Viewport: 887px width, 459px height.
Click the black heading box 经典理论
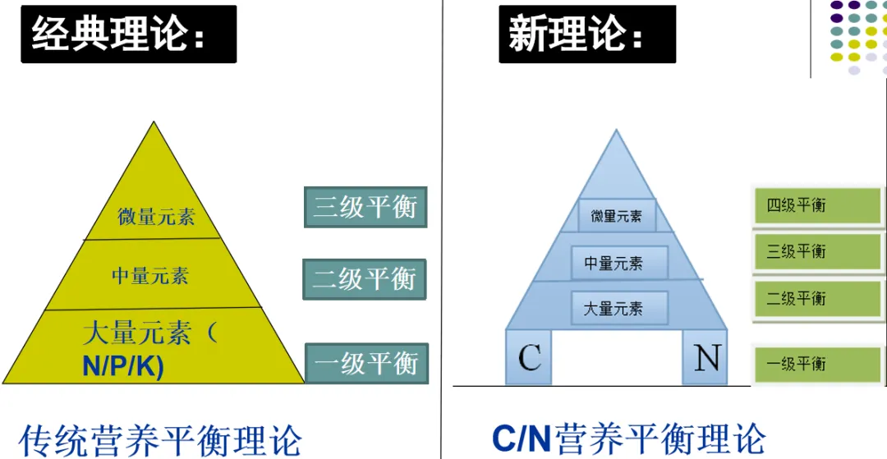[128, 34]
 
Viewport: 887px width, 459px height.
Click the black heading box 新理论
[586, 34]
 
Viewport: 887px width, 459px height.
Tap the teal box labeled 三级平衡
[365, 207]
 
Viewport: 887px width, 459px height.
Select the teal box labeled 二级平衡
[365, 279]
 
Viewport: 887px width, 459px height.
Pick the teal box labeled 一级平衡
[366, 363]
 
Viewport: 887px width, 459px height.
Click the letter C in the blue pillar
[530, 358]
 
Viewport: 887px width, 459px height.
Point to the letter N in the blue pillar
[705, 358]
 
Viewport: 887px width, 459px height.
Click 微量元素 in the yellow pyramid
[156, 217]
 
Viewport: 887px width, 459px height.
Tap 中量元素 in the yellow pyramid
[150, 274]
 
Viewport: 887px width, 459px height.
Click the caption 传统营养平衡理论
[160, 439]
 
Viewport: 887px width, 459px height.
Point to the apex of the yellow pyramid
[154, 124]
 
